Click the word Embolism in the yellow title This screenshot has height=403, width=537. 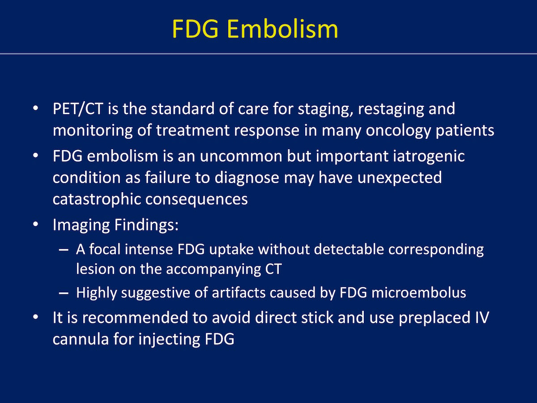coord(282,29)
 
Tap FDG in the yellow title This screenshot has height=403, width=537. coord(195,29)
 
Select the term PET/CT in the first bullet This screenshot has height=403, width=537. coord(78,109)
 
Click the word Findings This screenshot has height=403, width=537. coord(146,225)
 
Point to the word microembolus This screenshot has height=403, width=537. coord(418,292)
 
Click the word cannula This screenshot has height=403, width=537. coord(81,339)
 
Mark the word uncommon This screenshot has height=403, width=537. coord(241,157)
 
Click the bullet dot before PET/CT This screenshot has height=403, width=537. coord(35,108)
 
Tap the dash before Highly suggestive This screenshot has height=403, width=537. coord(64,293)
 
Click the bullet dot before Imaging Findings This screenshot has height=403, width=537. coord(35,224)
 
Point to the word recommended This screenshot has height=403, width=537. coord(135,317)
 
